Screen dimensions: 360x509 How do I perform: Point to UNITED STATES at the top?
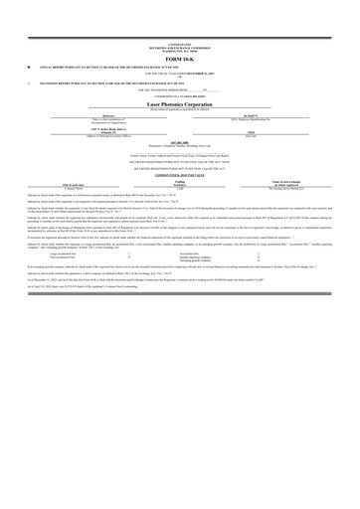(x=180, y=45)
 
